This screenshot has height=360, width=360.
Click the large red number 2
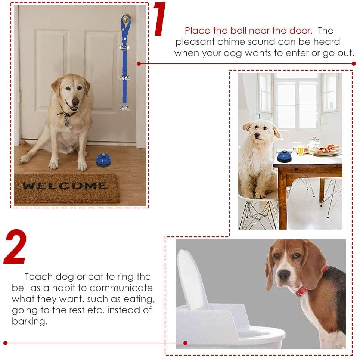pos(15,247)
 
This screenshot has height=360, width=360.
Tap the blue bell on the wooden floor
pos(103,159)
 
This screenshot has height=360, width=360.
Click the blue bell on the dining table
pos(285,156)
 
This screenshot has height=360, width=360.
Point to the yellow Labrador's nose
pos(75,101)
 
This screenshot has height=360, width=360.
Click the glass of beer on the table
pos(301,150)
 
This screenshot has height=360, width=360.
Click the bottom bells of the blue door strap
pos(124,108)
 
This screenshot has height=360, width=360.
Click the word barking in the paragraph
pos(30,322)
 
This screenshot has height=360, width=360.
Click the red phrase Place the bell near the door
pos(248,31)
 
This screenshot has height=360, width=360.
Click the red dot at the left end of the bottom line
pos(5,342)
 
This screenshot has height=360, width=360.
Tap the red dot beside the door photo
pos(139,63)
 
